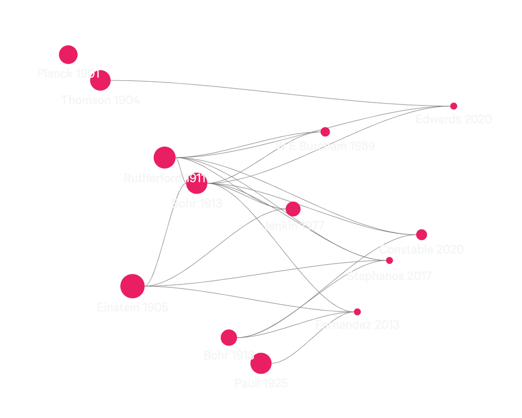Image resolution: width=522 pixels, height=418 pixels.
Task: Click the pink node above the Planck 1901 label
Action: click(x=68, y=55)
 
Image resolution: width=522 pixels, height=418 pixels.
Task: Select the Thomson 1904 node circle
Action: click(x=100, y=80)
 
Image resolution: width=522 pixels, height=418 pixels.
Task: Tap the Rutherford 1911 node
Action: click(x=164, y=157)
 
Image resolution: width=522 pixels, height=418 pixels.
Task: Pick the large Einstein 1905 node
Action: click(x=132, y=285)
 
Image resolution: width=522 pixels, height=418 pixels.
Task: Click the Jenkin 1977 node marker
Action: click(x=293, y=209)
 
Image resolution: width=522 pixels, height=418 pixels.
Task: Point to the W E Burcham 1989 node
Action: click(x=325, y=132)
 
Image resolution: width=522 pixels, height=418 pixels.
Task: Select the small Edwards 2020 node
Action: click(x=454, y=106)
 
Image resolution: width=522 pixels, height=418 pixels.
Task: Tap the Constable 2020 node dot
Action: click(x=421, y=235)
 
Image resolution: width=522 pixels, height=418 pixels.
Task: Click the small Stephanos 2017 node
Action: click(x=390, y=260)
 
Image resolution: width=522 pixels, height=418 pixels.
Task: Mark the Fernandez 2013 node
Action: click(x=357, y=312)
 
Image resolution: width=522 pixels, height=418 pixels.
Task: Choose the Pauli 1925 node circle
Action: click(x=261, y=363)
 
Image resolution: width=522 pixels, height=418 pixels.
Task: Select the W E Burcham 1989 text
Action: click(x=325, y=146)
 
